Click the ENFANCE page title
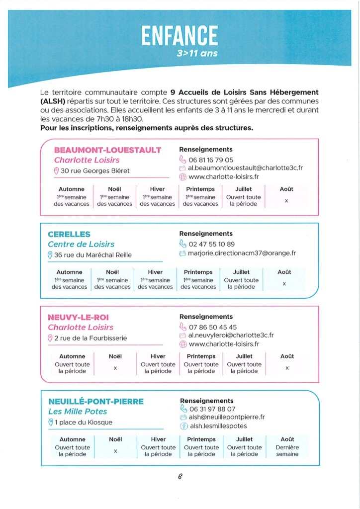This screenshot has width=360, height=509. pos(180,36)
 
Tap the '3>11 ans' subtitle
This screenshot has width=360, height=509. pos(197,53)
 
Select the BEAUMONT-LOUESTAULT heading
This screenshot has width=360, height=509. pos(107,150)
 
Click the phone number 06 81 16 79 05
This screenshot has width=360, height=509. pos(211,160)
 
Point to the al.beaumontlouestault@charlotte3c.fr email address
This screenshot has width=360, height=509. pos(245,169)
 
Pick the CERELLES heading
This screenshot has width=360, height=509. pos(69,234)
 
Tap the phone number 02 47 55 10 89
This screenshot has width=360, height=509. pos(212,244)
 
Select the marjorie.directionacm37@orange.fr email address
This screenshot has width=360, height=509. pos(242,253)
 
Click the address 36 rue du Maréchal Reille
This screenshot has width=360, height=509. pos(93,255)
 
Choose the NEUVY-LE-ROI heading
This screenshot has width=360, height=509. pos(78,317)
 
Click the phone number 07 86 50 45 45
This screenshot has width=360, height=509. pos(213,327)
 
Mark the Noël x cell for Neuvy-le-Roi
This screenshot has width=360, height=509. pos(115,368)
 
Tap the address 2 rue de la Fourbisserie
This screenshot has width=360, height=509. pos(90,338)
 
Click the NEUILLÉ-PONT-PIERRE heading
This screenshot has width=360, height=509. pos(96,402)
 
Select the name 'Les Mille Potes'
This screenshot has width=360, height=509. pos(78,412)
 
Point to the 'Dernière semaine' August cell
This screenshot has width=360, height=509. pos(287,451)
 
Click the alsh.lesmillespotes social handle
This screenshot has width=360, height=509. pos(218,426)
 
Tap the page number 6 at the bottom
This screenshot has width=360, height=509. pos(180,476)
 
